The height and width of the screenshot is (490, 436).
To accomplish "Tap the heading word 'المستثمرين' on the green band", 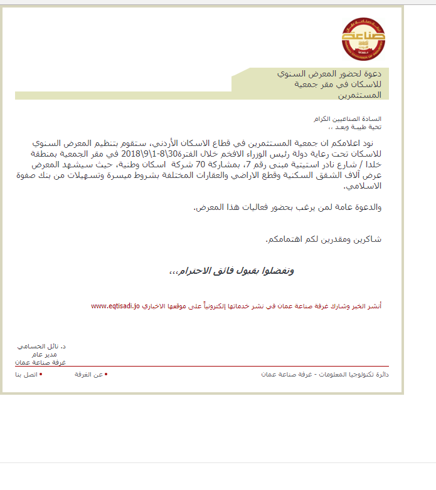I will (364, 95).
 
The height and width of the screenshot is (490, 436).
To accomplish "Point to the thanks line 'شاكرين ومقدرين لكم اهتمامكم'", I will (324, 239).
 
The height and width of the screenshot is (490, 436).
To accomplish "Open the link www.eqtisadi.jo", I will (115, 306).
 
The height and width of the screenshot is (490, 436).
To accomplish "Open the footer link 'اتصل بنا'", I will (27, 374).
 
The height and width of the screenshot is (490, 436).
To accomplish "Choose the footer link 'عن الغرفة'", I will (90, 374).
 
